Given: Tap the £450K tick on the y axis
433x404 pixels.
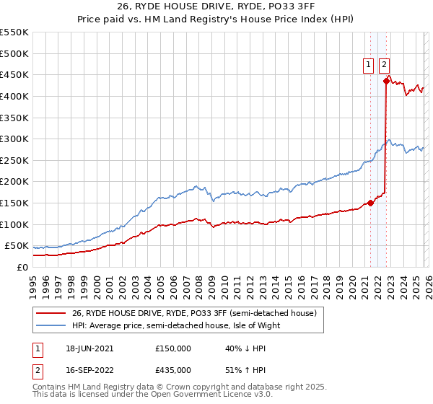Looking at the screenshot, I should click(14, 74).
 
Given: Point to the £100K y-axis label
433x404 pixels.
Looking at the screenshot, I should click(14, 224).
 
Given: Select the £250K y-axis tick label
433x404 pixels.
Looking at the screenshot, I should click(14, 160).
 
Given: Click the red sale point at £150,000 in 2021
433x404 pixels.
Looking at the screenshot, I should click(371, 203).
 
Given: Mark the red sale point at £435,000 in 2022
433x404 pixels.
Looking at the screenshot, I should click(387, 81).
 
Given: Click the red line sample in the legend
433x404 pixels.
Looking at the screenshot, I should click(51, 314).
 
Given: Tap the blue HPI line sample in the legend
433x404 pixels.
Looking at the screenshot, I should click(51, 325).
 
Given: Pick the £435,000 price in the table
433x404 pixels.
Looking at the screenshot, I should click(173, 369).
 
